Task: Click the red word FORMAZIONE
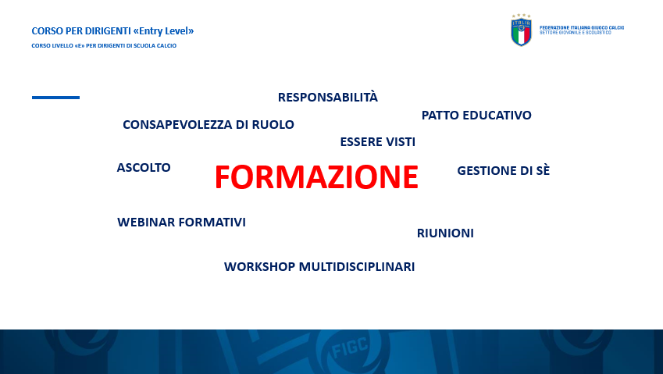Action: coord(316,176)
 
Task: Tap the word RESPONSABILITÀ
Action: coord(328,97)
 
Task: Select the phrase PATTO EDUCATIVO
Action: coord(476,115)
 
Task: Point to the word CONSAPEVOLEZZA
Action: coord(177,125)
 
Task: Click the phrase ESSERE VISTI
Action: coord(378,141)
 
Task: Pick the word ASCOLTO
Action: coord(144,167)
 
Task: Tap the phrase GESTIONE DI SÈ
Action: coord(504,170)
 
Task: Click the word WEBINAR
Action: coord(146,223)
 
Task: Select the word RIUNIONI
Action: coord(445,233)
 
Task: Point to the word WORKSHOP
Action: coord(259,267)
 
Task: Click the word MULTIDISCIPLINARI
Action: coord(357,267)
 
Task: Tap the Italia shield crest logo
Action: coord(522,30)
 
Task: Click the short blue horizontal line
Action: coord(55,98)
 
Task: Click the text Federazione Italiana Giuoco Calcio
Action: coord(582,27)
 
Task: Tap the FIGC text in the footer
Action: coord(350,347)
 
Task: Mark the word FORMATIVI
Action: coord(212,223)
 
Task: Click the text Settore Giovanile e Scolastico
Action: coord(576,33)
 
